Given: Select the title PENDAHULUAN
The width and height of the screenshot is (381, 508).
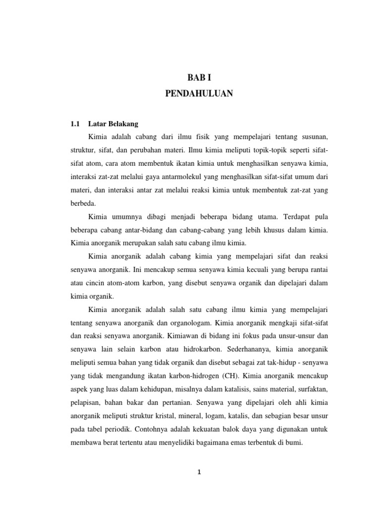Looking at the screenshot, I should pyautogui.click(x=199, y=94).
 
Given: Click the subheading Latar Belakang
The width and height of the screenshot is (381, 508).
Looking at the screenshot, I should pyautogui.click(x=113, y=123).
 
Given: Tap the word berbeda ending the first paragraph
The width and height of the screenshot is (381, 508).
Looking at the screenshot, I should pyautogui.click(x=83, y=202).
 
